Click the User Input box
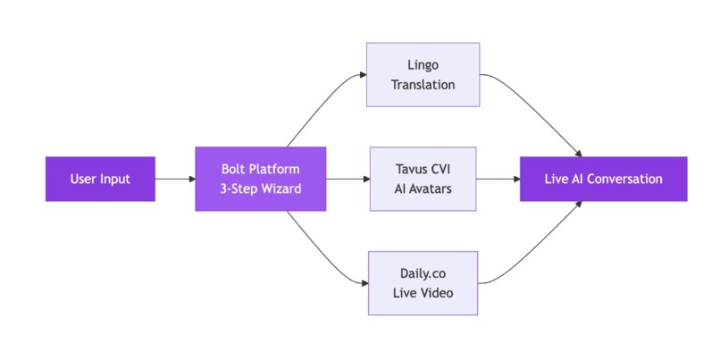100,179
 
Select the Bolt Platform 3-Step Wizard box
260,179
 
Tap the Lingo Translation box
423,74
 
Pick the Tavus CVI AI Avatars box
423,179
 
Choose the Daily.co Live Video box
423,282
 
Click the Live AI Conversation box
603,179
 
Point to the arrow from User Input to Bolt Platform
175,179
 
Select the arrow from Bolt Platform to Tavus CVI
347,179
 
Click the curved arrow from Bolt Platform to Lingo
317,107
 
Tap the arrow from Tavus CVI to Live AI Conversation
498,179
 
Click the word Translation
423,85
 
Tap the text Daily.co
423,272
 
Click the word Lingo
423,64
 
